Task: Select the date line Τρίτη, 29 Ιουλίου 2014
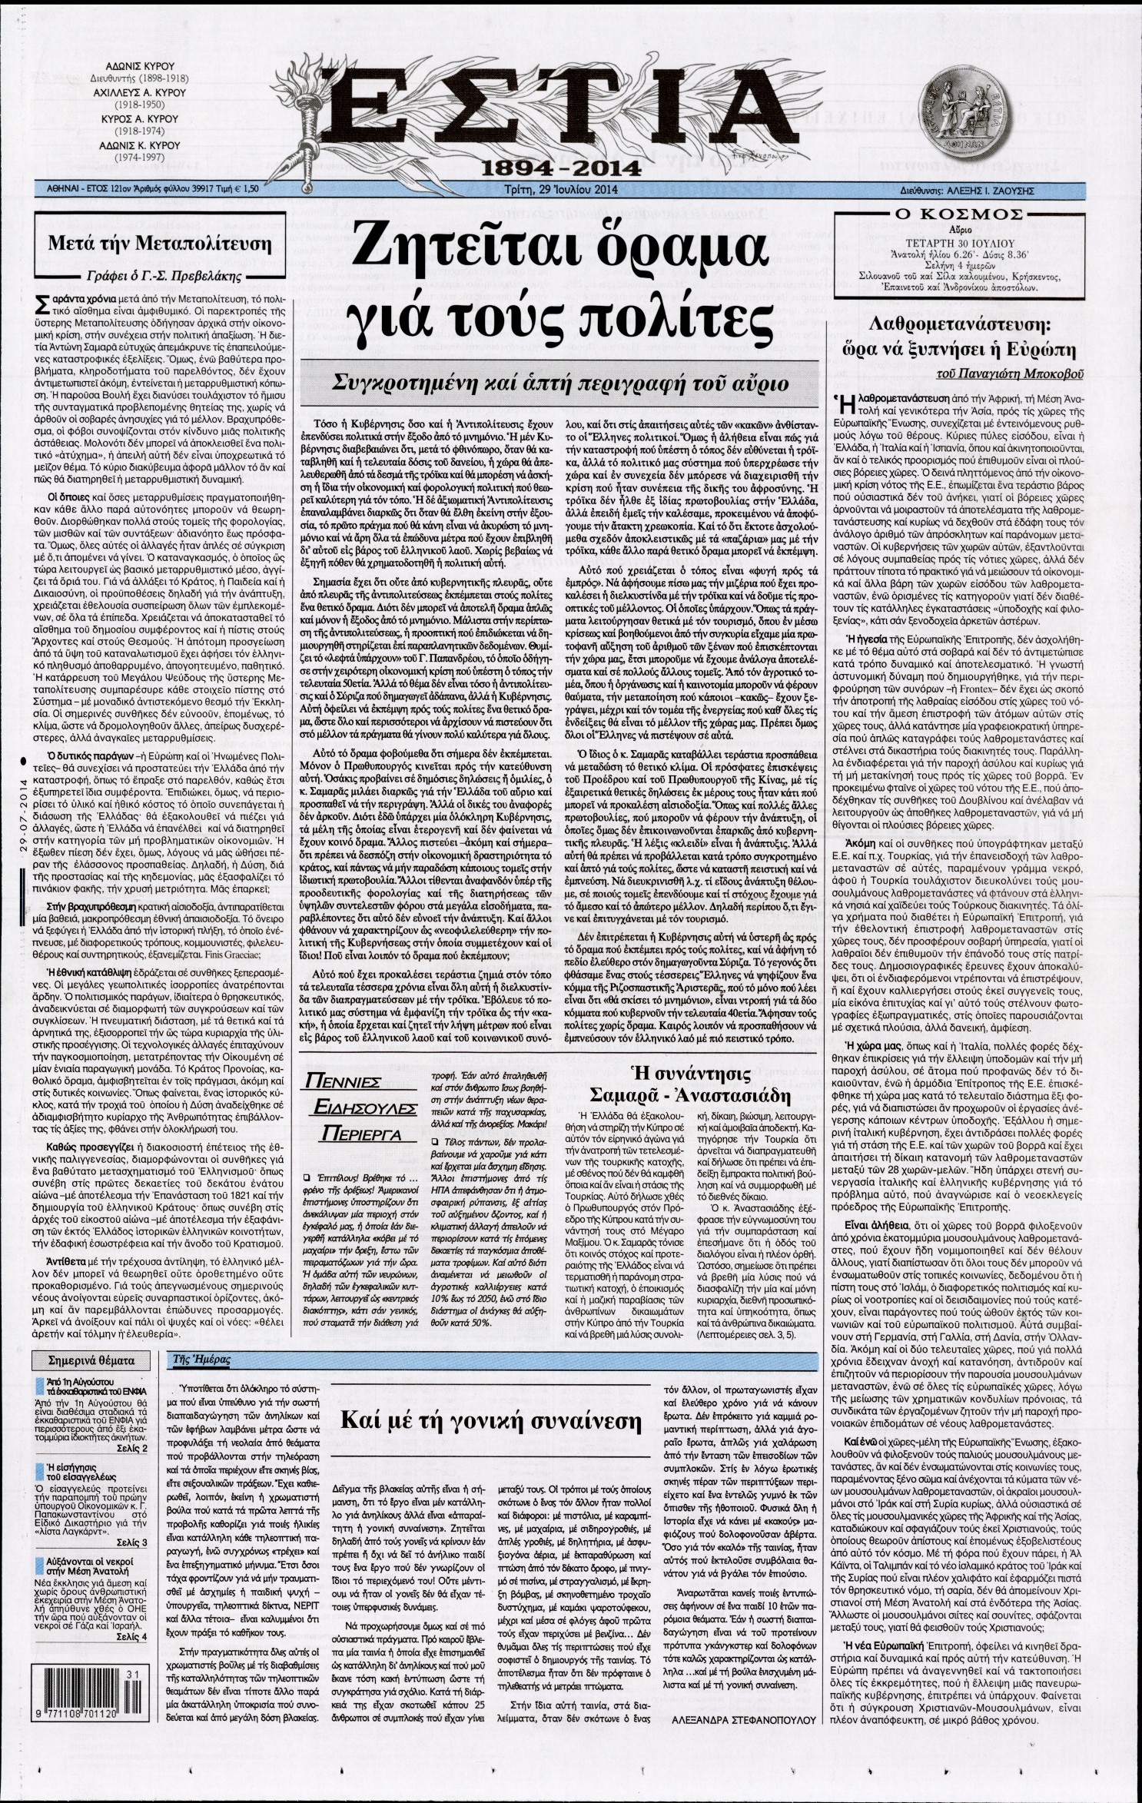[570, 188]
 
